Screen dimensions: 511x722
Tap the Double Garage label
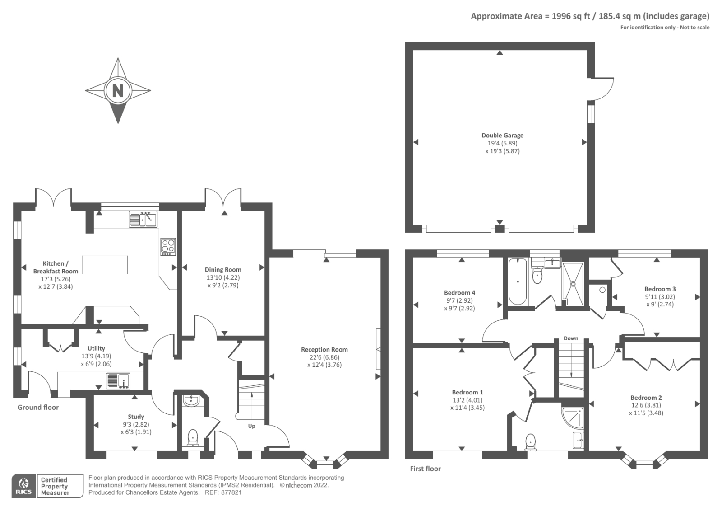pos(502,135)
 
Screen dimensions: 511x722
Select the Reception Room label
pos(324,349)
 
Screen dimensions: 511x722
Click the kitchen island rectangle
pos(105,265)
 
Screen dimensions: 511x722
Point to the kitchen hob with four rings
pos(168,247)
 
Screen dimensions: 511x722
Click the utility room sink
pos(118,381)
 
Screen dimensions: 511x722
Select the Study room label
pos(136,417)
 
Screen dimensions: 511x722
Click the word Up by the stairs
pos(251,426)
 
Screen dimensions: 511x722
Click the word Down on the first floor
pos(571,338)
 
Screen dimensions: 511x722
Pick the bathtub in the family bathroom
pos(517,281)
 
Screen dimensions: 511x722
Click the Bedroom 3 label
pos(660,289)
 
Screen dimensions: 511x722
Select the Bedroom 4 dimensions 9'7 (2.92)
pos(459,300)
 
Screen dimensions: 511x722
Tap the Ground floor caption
pos(38,407)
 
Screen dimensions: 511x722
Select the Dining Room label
pos(223,269)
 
